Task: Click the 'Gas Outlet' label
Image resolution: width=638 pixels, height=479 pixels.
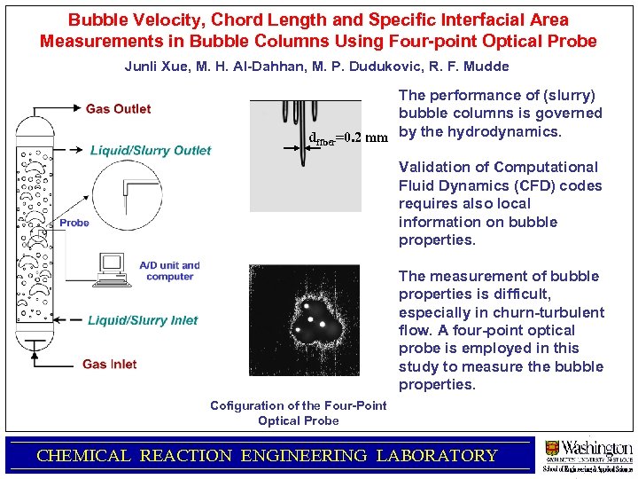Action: [118, 109]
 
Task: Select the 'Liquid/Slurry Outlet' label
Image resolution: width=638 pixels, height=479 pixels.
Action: [151, 150]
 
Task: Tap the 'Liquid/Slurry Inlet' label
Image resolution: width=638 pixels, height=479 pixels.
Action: [143, 320]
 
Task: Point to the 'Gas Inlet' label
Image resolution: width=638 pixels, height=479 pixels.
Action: [109, 364]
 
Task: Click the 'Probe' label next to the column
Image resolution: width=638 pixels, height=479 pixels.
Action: [74, 223]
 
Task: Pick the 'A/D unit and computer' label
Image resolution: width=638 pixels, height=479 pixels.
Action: [169, 271]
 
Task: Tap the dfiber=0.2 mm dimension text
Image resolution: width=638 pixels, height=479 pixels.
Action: [348, 137]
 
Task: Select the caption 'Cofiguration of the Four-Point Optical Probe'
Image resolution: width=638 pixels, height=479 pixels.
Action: [298, 412]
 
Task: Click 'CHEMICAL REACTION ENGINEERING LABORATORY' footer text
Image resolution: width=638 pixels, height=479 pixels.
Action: [267, 456]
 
